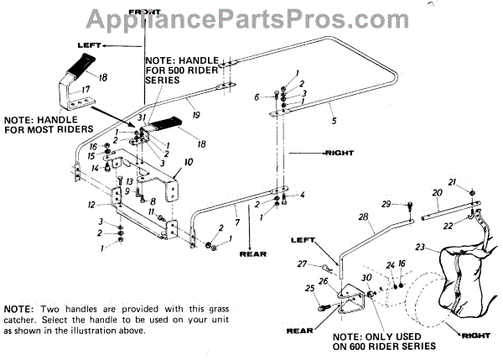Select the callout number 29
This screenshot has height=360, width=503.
coord(386,204)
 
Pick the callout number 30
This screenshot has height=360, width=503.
coord(366,278)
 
